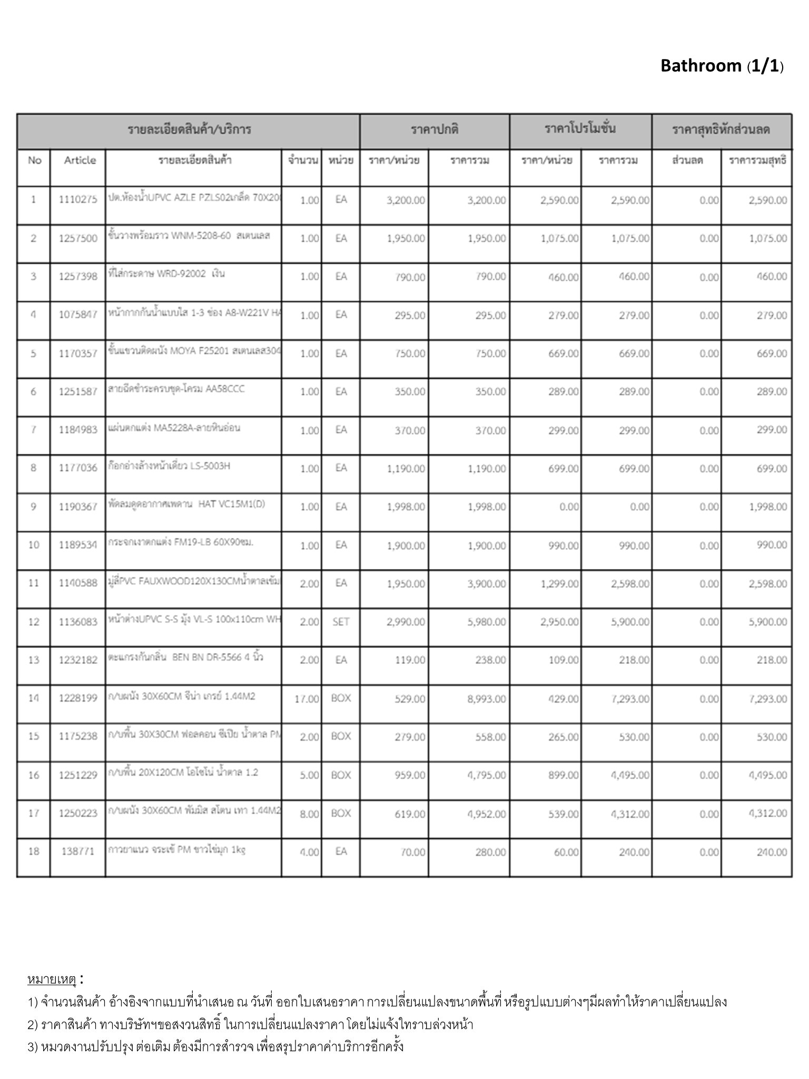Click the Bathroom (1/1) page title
tap(722, 66)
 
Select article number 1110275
tap(78, 200)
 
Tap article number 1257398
tap(78, 277)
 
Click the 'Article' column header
tap(80, 160)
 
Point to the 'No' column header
tap(34, 160)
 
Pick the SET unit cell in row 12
tap(341, 622)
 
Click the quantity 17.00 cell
tap(307, 699)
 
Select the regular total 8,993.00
tap(487, 699)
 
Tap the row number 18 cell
tap(34, 851)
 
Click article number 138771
tap(78, 851)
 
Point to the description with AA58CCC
tap(176, 389)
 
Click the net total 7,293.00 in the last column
tap(768, 699)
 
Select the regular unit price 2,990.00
tap(406, 622)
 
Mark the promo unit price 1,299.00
tap(559, 584)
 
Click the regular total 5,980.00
tap(487, 622)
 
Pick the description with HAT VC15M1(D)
tap(186, 504)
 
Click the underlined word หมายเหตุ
tap(52, 979)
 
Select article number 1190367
tap(78, 507)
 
